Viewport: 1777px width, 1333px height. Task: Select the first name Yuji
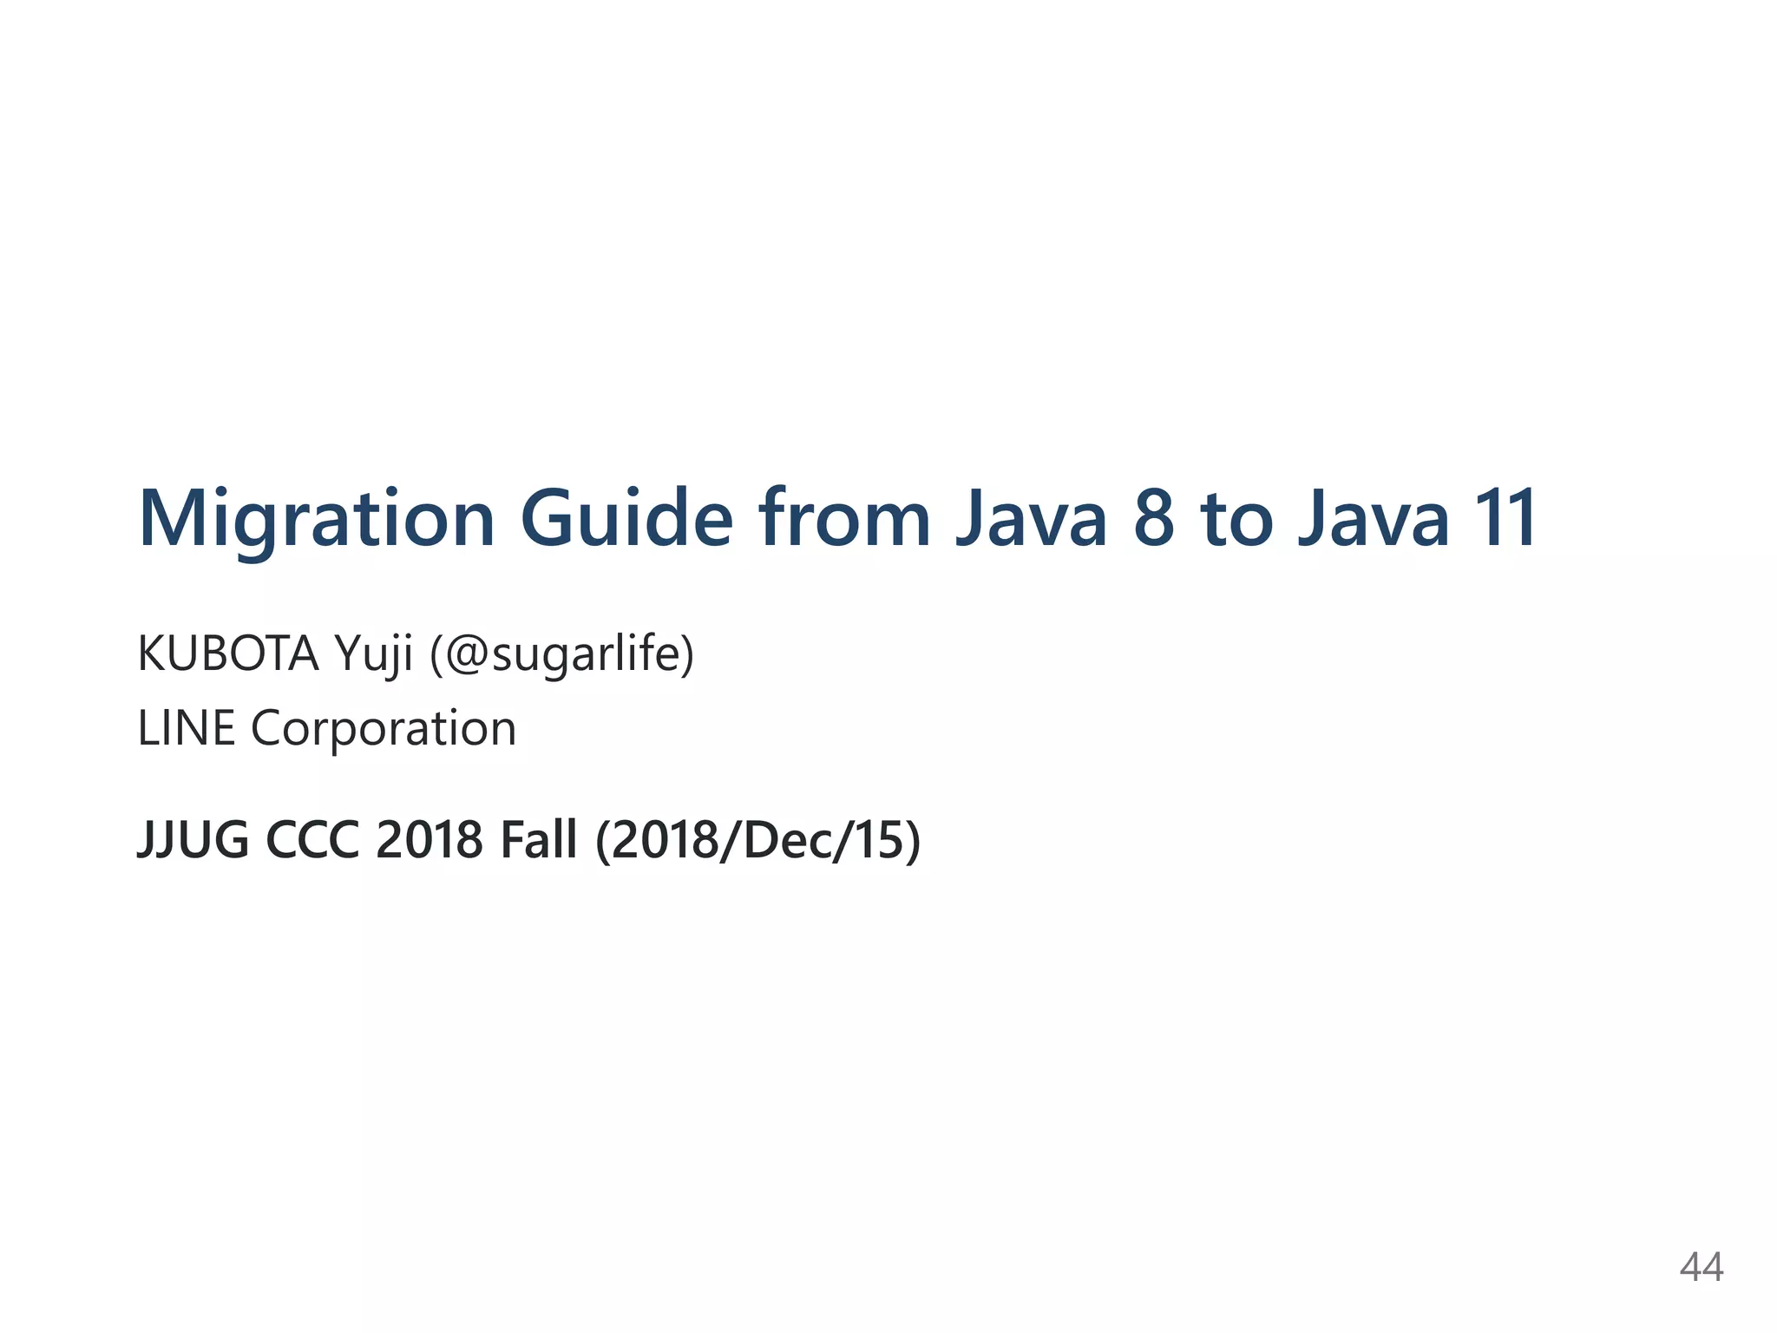coord(374,655)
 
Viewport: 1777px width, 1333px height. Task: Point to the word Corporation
coord(384,729)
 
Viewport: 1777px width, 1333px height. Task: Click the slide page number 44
coord(1701,1267)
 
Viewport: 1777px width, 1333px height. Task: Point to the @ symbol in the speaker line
coord(468,655)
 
